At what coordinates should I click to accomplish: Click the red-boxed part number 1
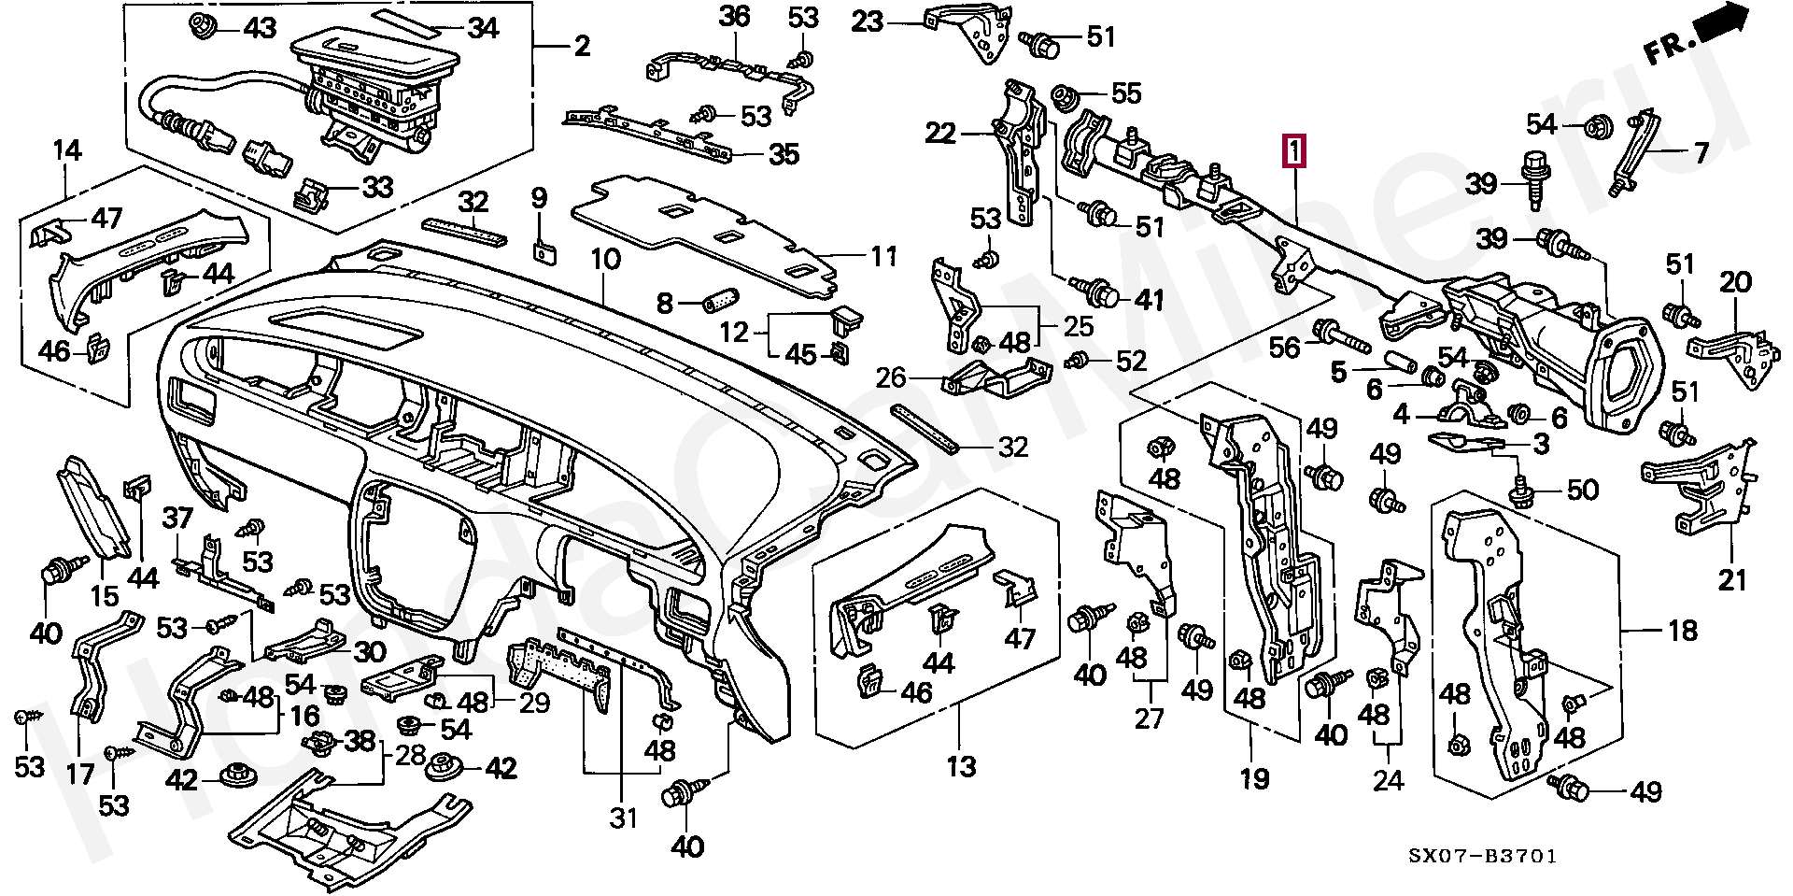(x=1294, y=151)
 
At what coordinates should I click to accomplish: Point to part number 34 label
(x=483, y=28)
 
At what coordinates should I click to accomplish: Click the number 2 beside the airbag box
(x=582, y=45)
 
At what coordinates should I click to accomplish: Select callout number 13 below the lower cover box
(x=960, y=767)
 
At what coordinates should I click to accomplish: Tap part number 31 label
(x=623, y=818)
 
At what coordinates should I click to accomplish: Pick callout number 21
(x=1732, y=580)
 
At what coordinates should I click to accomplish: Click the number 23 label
(x=868, y=21)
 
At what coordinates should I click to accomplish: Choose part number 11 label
(x=882, y=256)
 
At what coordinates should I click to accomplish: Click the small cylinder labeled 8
(x=719, y=301)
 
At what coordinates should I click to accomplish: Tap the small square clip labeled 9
(x=541, y=251)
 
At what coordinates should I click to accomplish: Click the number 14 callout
(x=66, y=149)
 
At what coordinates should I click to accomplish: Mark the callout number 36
(x=734, y=16)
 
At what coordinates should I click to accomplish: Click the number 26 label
(x=892, y=377)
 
